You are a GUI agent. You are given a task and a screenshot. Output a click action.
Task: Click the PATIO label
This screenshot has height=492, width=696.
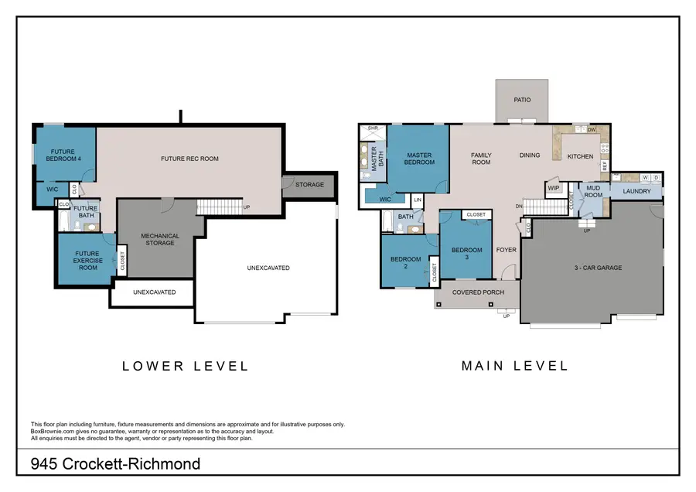click(522, 101)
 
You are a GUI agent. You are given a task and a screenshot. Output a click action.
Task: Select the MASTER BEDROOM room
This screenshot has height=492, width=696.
click(418, 159)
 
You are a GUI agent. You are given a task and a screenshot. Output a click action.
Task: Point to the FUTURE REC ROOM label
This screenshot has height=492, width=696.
click(189, 159)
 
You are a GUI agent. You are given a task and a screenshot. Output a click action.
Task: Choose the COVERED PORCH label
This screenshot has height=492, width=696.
click(479, 292)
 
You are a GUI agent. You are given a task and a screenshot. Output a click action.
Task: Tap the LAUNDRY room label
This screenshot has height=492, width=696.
click(636, 192)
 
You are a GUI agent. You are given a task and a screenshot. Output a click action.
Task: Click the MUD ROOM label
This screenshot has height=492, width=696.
click(593, 192)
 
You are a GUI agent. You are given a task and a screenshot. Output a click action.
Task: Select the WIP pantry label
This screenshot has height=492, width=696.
click(554, 188)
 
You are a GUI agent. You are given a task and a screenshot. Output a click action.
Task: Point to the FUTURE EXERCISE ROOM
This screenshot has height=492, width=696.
click(87, 260)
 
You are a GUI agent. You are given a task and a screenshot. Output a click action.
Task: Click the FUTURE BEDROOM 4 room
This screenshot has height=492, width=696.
click(66, 155)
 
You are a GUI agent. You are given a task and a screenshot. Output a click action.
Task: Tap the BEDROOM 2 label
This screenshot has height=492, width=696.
click(404, 262)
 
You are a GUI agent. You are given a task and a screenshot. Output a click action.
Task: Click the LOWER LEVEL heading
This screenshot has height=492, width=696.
click(186, 366)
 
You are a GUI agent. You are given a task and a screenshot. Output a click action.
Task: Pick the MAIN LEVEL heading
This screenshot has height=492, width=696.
click(514, 366)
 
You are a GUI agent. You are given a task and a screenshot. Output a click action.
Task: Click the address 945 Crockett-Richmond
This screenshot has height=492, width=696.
click(115, 464)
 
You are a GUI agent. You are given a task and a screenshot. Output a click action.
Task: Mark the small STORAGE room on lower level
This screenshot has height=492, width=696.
click(309, 185)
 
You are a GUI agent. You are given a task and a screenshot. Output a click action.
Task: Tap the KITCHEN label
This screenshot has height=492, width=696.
click(580, 156)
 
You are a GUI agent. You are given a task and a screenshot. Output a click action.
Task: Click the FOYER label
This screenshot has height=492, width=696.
click(506, 250)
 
